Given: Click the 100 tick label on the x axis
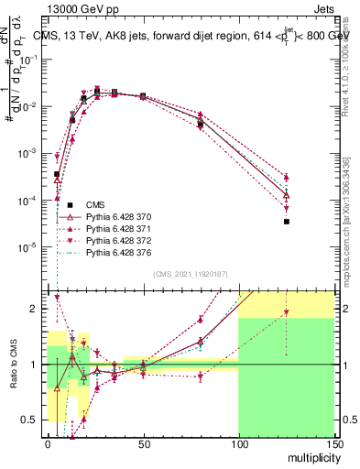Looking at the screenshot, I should (x=238, y=444).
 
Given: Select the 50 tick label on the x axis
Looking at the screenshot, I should (x=143, y=444).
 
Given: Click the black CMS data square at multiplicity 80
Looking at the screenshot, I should (x=201, y=124).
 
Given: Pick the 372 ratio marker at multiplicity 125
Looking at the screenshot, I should (x=286, y=312).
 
